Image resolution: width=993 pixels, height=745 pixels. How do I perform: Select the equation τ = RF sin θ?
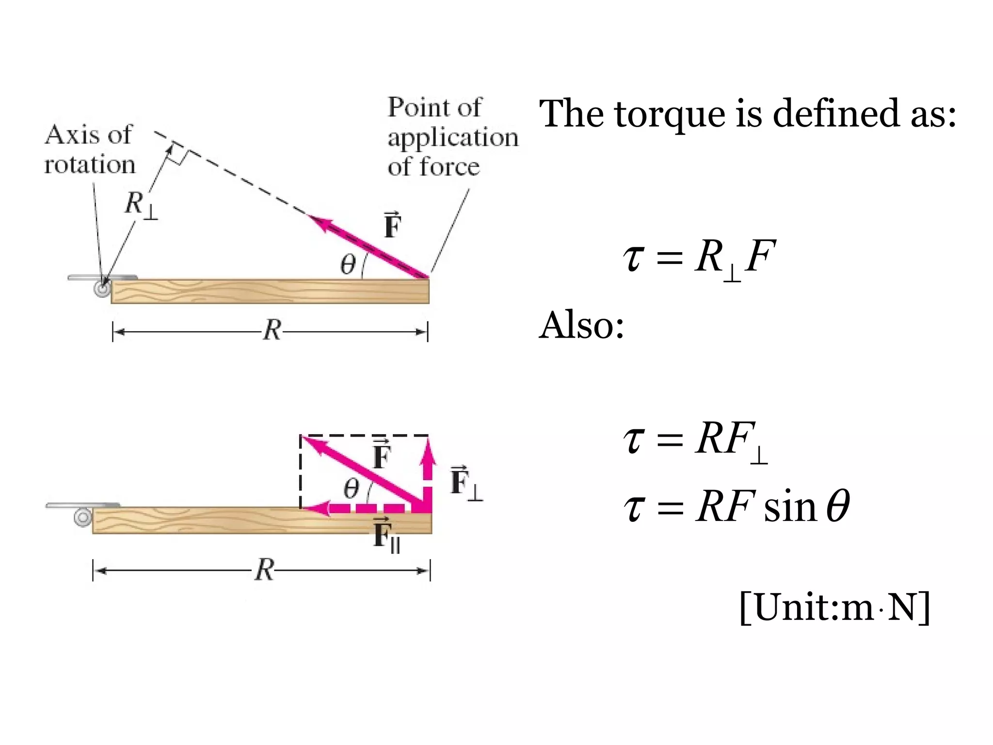click(x=736, y=507)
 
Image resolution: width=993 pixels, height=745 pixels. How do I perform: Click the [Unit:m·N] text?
click(x=834, y=607)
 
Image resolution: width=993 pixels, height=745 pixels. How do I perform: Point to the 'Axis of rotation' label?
click(x=89, y=149)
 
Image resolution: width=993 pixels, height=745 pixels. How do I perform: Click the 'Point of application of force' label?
click(x=452, y=137)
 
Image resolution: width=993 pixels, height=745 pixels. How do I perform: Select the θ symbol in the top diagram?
click(x=348, y=265)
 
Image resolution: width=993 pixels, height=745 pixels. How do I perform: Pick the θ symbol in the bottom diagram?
click(x=352, y=489)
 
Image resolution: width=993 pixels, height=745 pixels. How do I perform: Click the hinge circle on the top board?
click(x=102, y=290)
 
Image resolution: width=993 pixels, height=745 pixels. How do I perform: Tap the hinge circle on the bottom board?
click(x=83, y=517)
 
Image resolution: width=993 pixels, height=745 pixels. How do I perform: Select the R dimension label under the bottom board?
click(x=264, y=570)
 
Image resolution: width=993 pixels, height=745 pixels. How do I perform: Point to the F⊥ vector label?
click(x=465, y=483)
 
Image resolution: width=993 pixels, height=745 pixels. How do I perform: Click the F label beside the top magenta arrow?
click(x=392, y=226)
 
